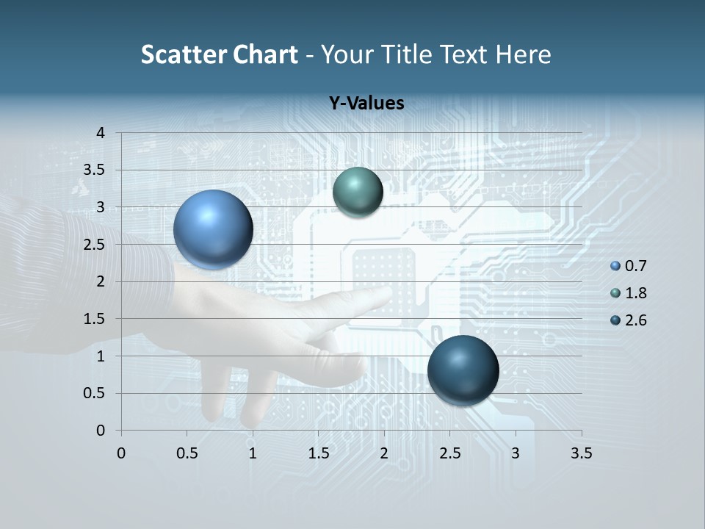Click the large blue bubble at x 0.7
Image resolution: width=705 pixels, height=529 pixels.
tap(213, 229)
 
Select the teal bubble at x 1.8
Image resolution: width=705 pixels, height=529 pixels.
tap(358, 192)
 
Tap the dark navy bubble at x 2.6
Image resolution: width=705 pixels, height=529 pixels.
tap(463, 370)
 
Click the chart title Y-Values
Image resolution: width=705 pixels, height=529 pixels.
tap(366, 104)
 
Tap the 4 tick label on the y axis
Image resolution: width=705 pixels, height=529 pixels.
tap(101, 133)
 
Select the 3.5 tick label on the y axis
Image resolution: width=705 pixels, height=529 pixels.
tap(95, 170)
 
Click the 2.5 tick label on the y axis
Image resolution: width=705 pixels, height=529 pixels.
tap(95, 245)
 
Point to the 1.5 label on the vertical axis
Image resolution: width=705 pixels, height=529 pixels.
tap(95, 319)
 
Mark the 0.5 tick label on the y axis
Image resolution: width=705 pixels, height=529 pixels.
tap(95, 393)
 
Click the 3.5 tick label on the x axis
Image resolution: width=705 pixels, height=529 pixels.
tap(581, 453)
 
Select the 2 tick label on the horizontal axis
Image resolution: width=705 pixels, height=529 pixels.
tap(384, 453)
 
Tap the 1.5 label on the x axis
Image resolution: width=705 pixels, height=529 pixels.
tap(318, 453)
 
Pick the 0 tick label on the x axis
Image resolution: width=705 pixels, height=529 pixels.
tap(121, 453)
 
